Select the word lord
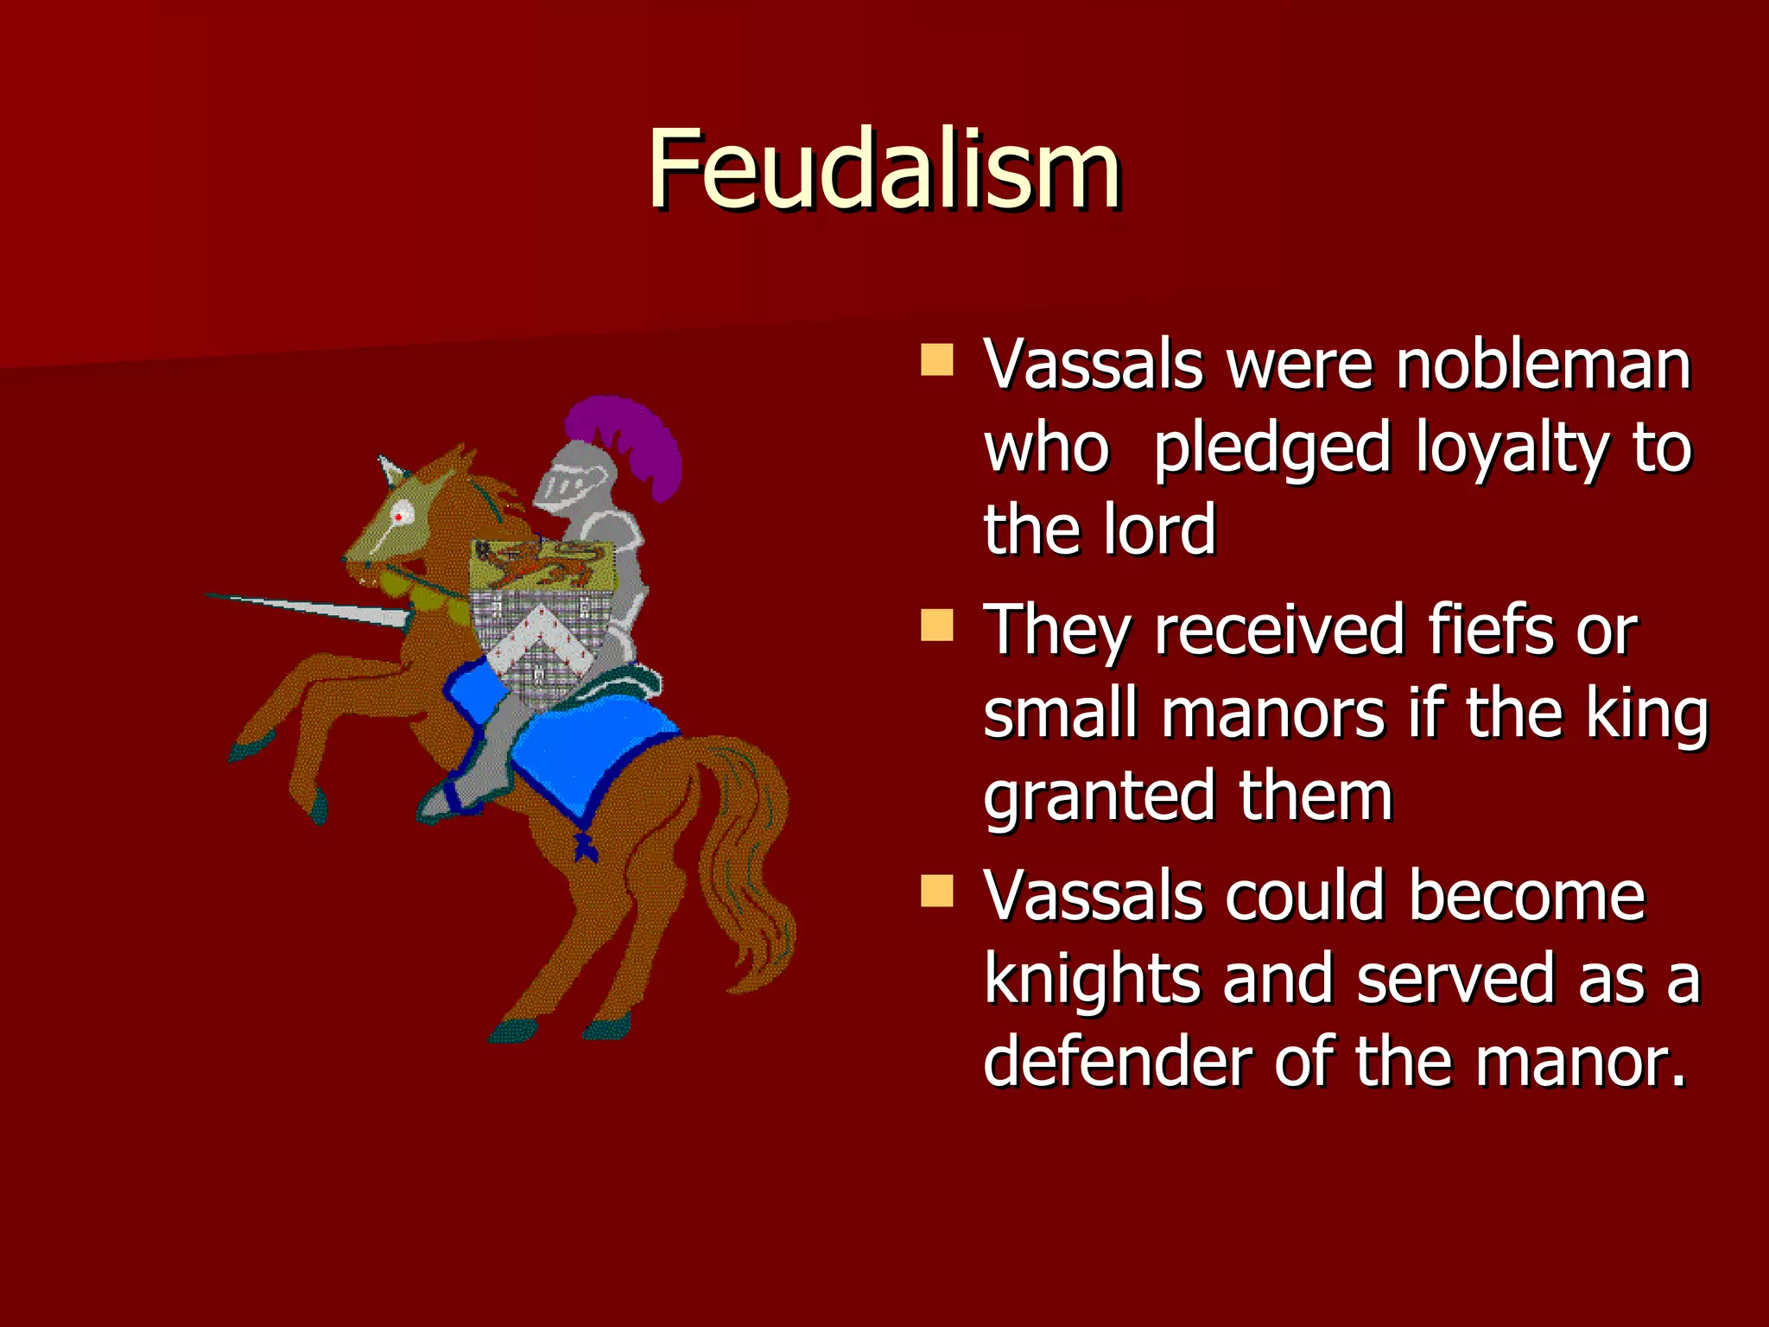tap(1159, 530)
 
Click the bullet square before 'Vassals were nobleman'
tap(936, 359)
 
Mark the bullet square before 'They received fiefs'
tap(936, 625)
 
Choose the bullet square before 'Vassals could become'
tap(936, 890)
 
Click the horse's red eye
tap(399, 517)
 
